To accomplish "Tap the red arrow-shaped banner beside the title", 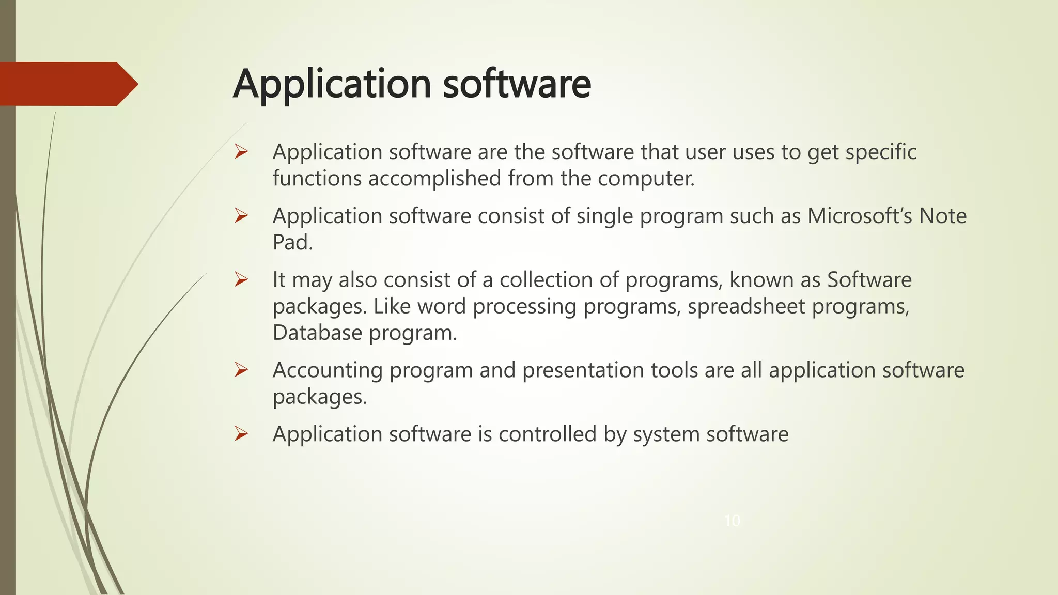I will pos(67,84).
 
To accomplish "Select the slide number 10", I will pos(732,521).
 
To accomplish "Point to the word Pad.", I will pos(292,242).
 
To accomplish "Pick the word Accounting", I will pos(328,370).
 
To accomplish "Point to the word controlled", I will pos(548,434).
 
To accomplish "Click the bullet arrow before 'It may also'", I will pos(241,279).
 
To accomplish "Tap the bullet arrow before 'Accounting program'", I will pos(241,370).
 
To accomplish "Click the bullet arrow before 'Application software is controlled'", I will pos(241,433).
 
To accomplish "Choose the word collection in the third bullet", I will pos(546,280).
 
